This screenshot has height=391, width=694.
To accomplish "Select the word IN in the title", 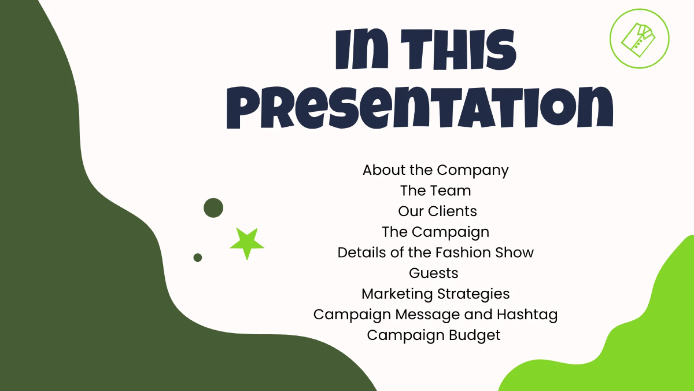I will click(x=361, y=49).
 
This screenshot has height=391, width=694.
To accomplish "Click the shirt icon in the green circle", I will click(x=639, y=38).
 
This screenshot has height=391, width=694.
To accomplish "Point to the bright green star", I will click(x=247, y=243).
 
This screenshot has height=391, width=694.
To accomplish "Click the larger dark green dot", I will click(x=213, y=208).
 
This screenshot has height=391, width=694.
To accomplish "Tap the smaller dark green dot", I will click(x=198, y=257).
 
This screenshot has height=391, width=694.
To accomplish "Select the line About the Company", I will click(x=435, y=170).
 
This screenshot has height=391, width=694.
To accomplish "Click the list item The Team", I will click(x=435, y=191).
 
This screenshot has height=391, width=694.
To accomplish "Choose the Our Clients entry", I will click(x=437, y=211).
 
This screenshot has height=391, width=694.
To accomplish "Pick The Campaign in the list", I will click(x=435, y=232).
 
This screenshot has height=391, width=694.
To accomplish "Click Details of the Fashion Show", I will click(x=435, y=253).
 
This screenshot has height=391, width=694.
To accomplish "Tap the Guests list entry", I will click(x=434, y=273).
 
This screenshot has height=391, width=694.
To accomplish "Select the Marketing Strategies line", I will click(x=435, y=294).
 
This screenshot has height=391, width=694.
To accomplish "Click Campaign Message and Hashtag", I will click(x=435, y=315).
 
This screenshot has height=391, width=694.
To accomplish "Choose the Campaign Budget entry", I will click(x=434, y=335).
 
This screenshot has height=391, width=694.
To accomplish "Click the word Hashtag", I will click(x=527, y=315).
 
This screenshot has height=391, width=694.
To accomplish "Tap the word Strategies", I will click(x=474, y=294).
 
